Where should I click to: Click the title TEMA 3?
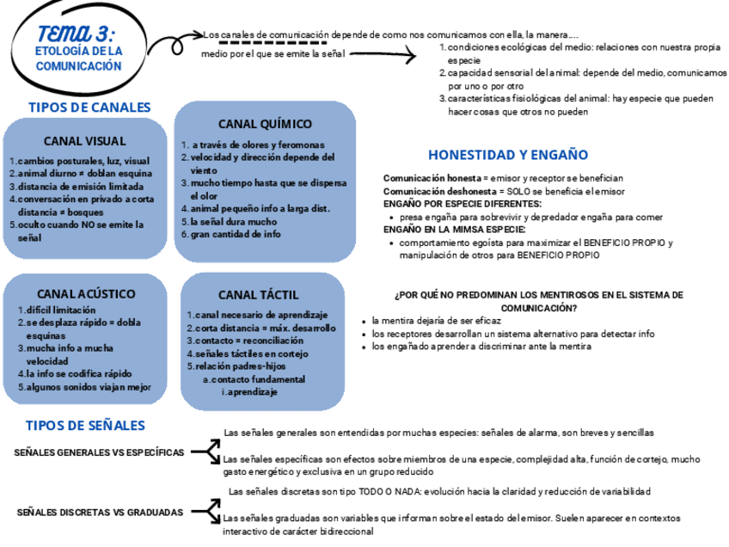pyautogui.click(x=77, y=32)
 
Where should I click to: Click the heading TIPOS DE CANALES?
pyautogui.click(x=89, y=108)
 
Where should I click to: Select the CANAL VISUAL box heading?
pyautogui.click(x=84, y=141)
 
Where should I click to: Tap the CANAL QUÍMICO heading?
pyautogui.click(x=265, y=124)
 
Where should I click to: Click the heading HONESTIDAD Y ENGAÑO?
pyautogui.click(x=508, y=155)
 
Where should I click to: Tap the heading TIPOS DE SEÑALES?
pyautogui.click(x=85, y=426)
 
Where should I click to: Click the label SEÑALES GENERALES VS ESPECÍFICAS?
pyautogui.click(x=99, y=452)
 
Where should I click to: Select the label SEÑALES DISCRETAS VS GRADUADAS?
pyautogui.click(x=100, y=512)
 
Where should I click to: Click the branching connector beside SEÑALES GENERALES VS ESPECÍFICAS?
pyautogui.click(x=205, y=451)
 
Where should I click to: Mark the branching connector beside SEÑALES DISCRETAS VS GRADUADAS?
pyautogui.click(x=205, y=511)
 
